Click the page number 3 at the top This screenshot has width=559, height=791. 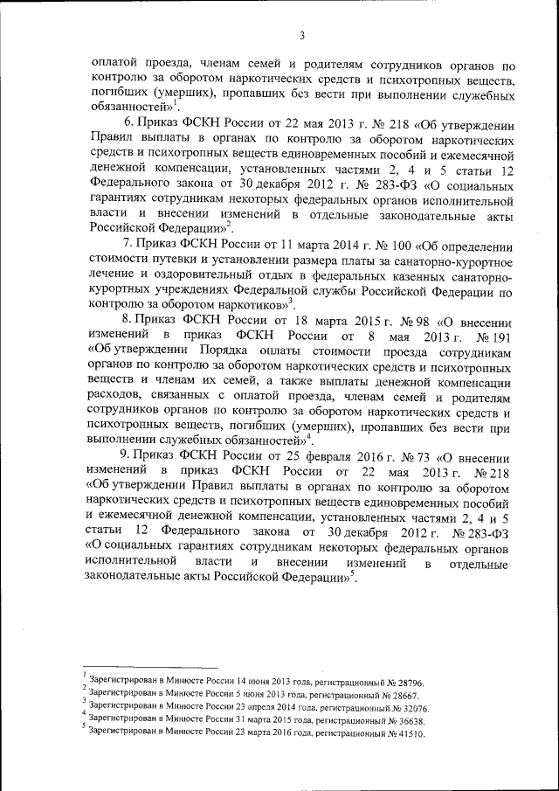tap(301, 36)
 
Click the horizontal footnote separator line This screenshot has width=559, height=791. tap(149, 666)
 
